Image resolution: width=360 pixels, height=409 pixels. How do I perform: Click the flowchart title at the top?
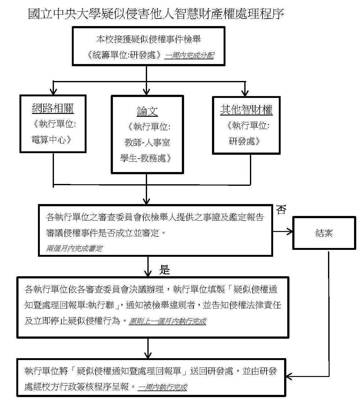click(156, 14)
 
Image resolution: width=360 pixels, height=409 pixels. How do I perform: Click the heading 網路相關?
click(53, 109)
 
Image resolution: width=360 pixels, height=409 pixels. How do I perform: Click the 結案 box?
click(324, 233)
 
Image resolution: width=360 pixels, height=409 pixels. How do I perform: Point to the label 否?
click(281, 210)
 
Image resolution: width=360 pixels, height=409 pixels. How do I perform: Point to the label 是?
click(165, 270)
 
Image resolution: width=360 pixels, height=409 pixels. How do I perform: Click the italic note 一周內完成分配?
click(189, 56)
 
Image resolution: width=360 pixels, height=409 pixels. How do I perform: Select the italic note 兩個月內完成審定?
click(74, 249)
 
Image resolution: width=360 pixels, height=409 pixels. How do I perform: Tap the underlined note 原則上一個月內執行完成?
click(167, 321)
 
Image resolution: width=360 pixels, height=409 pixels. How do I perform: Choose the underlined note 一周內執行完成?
click(162, 387)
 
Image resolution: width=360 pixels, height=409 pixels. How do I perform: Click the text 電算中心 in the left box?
click(50, 140)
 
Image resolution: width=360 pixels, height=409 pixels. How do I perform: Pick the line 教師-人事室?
click(147, 143)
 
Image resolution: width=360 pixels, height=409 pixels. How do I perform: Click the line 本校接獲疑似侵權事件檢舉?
click(148, 39)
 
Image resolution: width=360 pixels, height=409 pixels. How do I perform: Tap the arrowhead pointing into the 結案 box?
click(290, 232)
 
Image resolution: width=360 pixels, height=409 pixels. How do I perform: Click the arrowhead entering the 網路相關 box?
click(54, 92)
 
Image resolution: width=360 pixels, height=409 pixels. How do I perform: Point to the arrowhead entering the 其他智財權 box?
click(245, 93)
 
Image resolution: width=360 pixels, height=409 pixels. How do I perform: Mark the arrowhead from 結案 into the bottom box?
click(289, 376)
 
